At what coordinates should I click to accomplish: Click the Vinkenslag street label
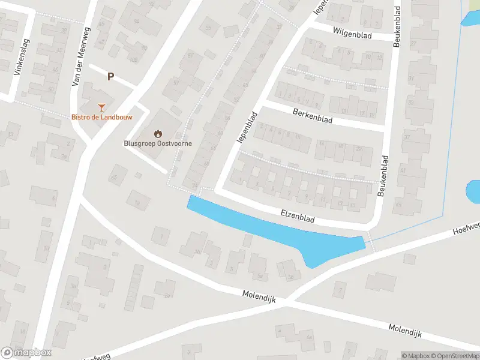[20, 62]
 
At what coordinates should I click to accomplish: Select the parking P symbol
[110, 76]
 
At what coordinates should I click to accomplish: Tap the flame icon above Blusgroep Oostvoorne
[157, 133]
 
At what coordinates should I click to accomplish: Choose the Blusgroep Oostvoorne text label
[154, 144]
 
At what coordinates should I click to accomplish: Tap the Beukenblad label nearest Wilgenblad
[397, 27]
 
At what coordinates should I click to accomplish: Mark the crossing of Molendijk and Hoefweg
[287, 298]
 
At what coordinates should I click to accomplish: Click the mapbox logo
[27, 352]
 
